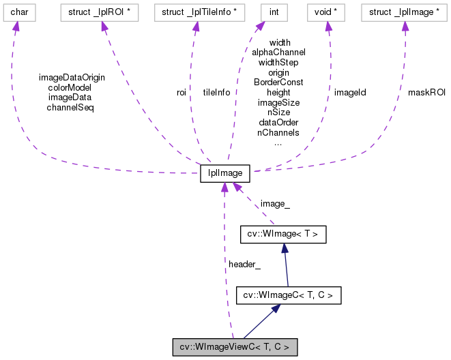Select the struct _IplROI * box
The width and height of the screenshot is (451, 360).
[x=102, y=12]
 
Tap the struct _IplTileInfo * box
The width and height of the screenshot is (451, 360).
[x=195, y=12]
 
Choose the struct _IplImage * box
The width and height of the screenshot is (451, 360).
[x=405, y=12]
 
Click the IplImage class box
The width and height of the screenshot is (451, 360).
[x=225, y=173]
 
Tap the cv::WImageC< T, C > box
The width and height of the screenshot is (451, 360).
[x=288, y=295]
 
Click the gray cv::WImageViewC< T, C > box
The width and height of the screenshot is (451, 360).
[x=235, y=347]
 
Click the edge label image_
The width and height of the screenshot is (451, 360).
[x=274, y=203]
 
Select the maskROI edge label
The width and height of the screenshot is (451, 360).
[x=426, y=92]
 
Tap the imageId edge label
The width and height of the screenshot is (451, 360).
[x=350, y=91]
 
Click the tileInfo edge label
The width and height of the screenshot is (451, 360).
[x=216, y=92]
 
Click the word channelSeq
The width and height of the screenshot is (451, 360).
[x=71, y=107]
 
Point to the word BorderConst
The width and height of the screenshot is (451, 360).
[x=278, y=82]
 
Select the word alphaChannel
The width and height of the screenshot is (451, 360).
[x=278, y=52]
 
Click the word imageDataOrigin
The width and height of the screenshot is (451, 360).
[x=72, y=77]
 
